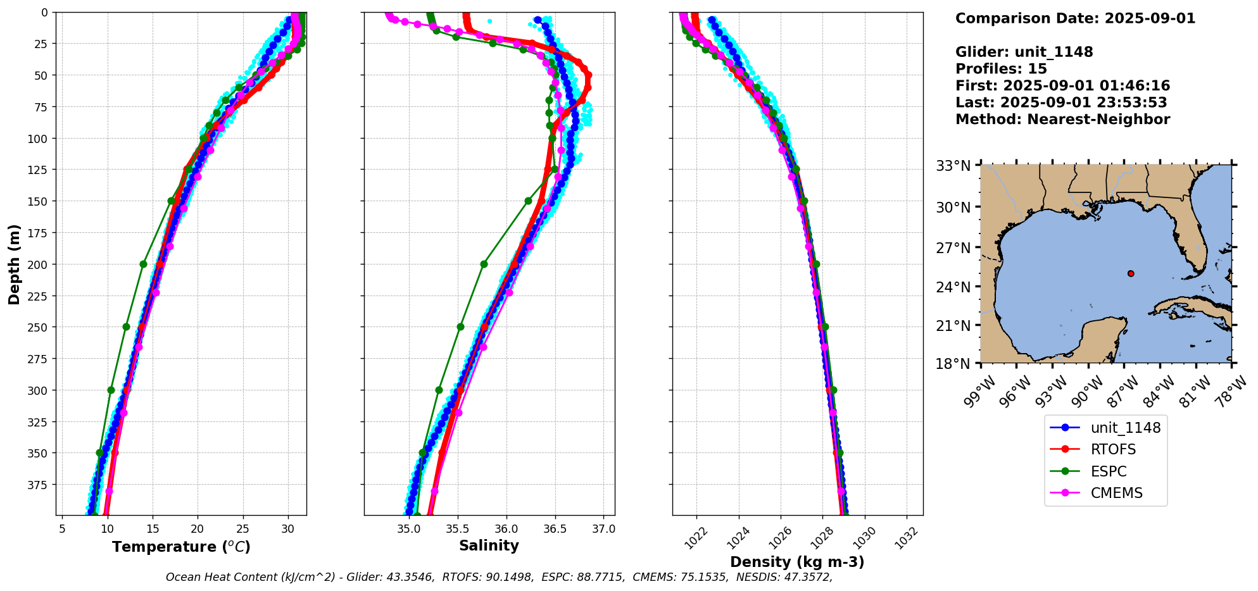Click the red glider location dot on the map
point(1131,273)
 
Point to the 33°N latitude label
point(953,166)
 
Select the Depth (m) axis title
point(15,264)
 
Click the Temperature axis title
point(181,547)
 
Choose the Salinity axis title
point(489,545)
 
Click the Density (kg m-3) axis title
point(797,562)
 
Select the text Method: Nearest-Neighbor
point(1062,120)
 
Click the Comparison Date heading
point(1075,18)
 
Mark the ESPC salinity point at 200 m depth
point(484,264)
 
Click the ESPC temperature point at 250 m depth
point(126,327)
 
